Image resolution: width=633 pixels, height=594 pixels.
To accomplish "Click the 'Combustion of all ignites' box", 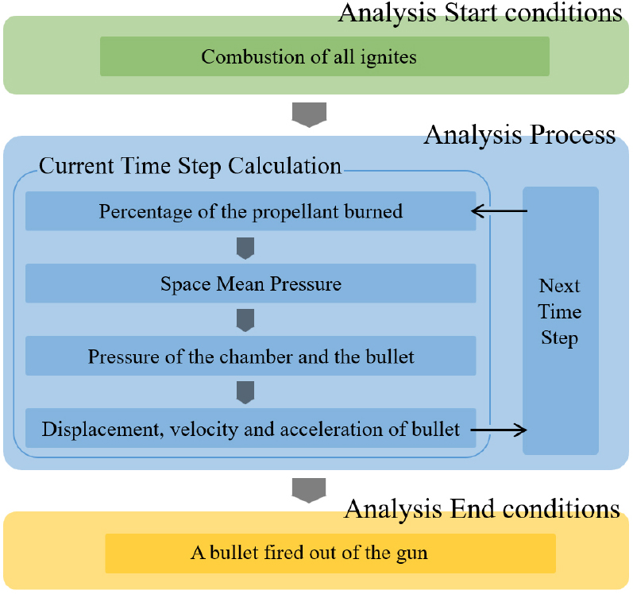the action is pos(325,56).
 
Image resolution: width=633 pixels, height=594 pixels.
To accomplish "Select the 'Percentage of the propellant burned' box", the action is pos(251,211).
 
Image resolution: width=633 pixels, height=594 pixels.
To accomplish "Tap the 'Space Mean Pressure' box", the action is pos(251,283).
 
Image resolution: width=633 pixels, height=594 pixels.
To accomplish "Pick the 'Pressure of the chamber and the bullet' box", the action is pos(251,356).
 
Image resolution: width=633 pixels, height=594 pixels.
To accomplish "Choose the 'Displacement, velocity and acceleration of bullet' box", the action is pos(251,428).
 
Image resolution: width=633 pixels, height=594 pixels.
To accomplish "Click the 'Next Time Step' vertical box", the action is pos(561,321).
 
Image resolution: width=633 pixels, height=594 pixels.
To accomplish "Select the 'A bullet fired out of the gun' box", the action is pos(330,553).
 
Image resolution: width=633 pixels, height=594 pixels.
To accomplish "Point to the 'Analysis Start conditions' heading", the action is pos(480,13).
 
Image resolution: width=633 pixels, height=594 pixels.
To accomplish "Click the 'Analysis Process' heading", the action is pos(519,134).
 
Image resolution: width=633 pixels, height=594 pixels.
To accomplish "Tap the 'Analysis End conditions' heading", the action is pos(482,508).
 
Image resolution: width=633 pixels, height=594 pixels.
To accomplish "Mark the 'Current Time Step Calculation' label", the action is pos(190,166).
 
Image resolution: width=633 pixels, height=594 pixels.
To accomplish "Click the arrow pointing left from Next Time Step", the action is pos(500,210).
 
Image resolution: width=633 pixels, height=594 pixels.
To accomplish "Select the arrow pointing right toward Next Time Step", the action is pos(499,430).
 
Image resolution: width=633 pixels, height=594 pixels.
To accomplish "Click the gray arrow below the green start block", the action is pos(309,114).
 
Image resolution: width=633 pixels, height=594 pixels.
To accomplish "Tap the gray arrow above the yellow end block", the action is pos(309,491).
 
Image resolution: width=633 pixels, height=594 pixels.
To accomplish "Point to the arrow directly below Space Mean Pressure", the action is pos(245,320).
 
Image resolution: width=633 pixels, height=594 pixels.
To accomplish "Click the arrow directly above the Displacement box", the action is pos(245,392).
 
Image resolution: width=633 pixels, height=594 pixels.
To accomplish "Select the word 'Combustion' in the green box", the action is pos(253,56).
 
